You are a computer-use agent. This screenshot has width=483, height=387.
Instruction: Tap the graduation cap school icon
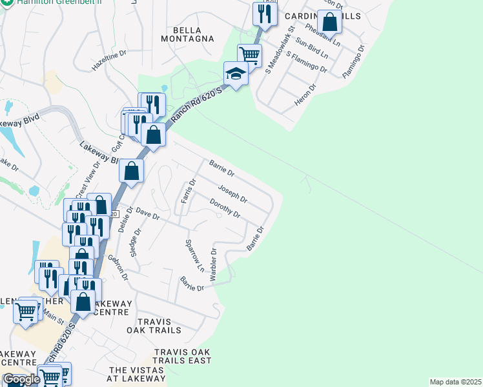(236, 75)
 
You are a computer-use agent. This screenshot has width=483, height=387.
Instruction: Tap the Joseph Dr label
(232, 193)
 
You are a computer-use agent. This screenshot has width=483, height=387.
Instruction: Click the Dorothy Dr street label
(225, 208)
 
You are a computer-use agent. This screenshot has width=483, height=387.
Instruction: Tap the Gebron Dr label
(118, 266)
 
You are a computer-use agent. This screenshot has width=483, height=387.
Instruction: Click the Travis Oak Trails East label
(183, 356)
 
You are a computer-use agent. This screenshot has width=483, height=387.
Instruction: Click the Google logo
(21, 379)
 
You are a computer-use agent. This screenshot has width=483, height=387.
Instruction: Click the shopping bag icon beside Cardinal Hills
(329, 22)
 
